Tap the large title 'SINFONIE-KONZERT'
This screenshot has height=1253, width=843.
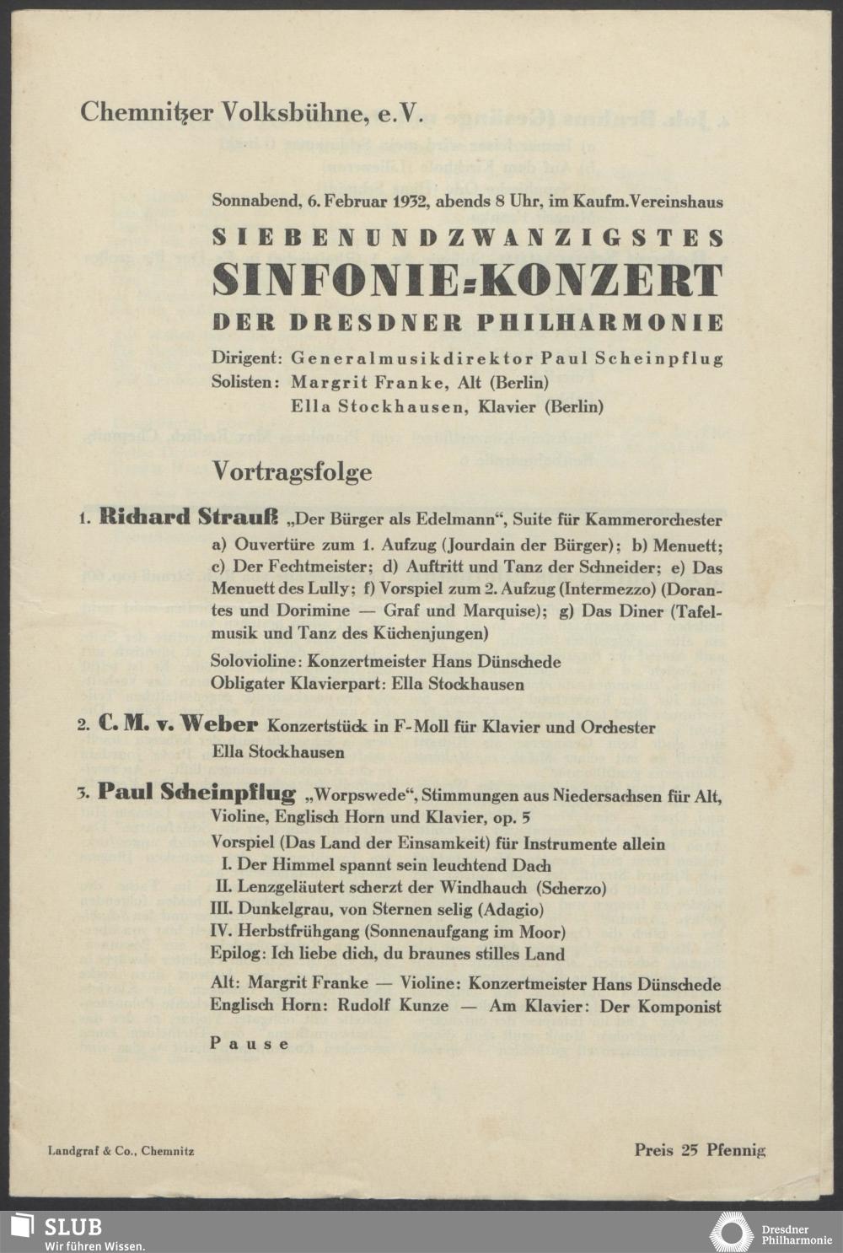[468, 281]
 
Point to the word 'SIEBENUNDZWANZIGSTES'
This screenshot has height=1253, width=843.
[468, 237]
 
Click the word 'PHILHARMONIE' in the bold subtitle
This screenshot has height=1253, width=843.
[601, 323]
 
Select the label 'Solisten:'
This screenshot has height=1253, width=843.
[245, 382]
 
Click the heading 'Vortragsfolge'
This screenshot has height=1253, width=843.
[292, 471]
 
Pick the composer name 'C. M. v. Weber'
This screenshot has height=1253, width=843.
[177, 724]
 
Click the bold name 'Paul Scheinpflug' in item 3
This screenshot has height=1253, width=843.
[196, 793]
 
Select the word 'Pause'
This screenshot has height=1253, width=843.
[250, 1043]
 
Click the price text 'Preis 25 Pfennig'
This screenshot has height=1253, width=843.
[700, 1149]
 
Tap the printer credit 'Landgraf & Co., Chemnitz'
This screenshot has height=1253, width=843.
[121, 1150]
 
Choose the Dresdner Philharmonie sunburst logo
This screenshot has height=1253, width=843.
[730, 1231]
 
